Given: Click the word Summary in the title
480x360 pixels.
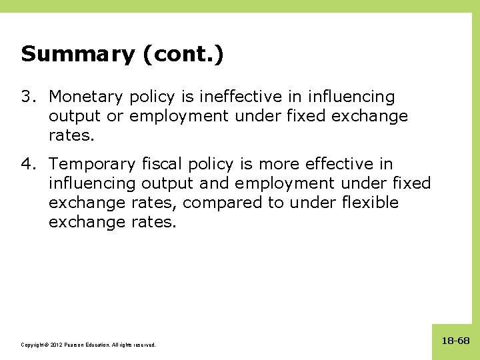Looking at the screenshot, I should (x=77, y=54).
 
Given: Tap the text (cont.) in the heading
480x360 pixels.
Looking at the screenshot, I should (x=183, y=54).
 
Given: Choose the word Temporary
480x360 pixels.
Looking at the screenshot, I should (x=94, y=164).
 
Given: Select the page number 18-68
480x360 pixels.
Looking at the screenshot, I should (x=455, y=341).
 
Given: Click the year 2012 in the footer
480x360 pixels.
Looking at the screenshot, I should (x=55, y=345).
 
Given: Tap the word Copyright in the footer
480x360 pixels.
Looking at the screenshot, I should (x=34, y=345).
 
